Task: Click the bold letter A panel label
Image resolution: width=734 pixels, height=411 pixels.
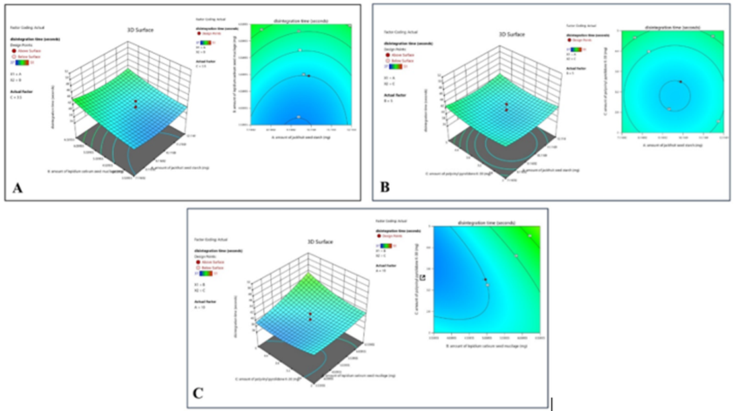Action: pos(17,189)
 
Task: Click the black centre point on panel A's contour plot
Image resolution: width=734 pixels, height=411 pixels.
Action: pos(308,77)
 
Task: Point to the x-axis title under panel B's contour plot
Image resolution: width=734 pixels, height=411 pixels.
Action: pos(669,145)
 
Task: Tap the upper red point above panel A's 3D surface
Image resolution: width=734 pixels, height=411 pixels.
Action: pos(135,102)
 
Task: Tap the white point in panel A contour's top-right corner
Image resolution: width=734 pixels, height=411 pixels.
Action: pos(349,26)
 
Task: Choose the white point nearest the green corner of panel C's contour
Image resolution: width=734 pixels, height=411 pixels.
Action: pos(530,236)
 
